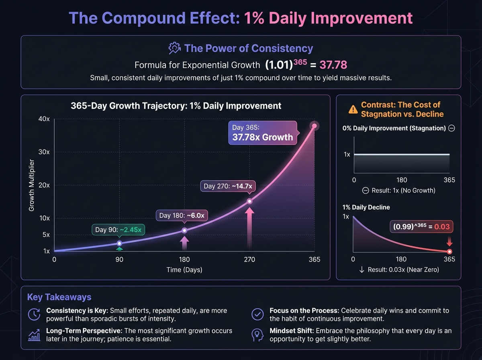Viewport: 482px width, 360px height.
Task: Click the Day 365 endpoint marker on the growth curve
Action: (x=315, y=126)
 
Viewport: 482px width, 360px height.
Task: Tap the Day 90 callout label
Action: (x=118, y=230)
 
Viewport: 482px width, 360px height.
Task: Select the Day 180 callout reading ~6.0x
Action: (x=182, y=216)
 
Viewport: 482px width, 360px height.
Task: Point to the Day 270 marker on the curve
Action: (x=249, y=201)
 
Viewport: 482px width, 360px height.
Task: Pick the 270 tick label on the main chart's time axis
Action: (x=249, y=260)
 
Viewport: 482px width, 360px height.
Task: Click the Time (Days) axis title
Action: (x=184, y=270)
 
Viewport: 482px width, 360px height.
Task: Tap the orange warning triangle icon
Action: (x=353, y=109)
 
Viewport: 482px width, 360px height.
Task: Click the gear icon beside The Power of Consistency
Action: (x=174, y=49)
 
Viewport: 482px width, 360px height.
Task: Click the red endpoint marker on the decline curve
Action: (x=449, y=252)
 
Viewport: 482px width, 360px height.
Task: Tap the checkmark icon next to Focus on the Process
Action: (x=257, y=314)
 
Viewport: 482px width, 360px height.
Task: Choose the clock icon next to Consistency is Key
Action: (x=34, y=314)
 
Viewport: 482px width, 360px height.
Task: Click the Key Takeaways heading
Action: (x=59, y=297)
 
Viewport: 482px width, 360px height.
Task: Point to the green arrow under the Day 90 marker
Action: (x=119, y=249)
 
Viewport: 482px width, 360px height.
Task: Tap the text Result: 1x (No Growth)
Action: (x=398, y=190)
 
